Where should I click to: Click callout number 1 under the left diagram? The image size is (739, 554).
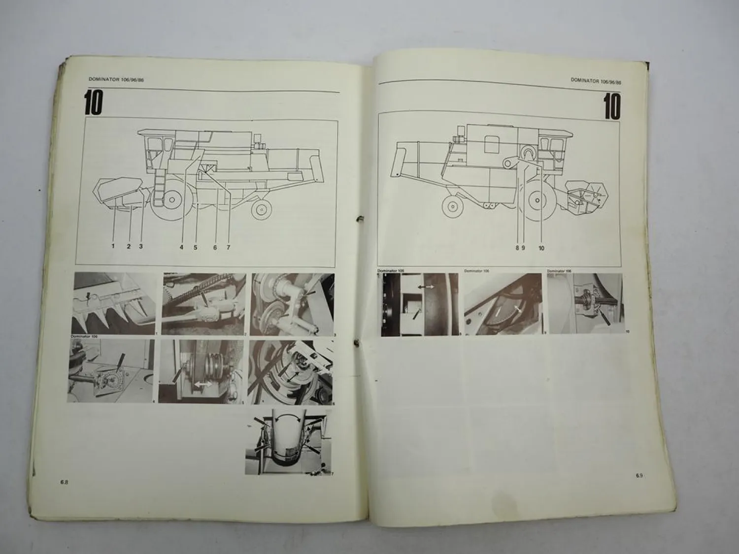(113, 247)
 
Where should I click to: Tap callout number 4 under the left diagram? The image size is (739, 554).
(181, 247)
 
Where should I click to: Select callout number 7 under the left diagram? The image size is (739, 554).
(229, 247)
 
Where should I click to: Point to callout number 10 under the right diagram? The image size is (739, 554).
(541, 248)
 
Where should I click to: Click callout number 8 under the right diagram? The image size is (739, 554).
(517, 248)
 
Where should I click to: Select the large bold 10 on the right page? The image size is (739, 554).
(612, 106)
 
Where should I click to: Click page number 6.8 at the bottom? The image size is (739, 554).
(65, 482)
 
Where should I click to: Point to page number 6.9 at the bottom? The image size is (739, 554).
(639, 476)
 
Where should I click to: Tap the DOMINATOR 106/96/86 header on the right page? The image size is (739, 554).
(596, 80)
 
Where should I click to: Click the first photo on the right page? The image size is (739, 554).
(419, 304)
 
